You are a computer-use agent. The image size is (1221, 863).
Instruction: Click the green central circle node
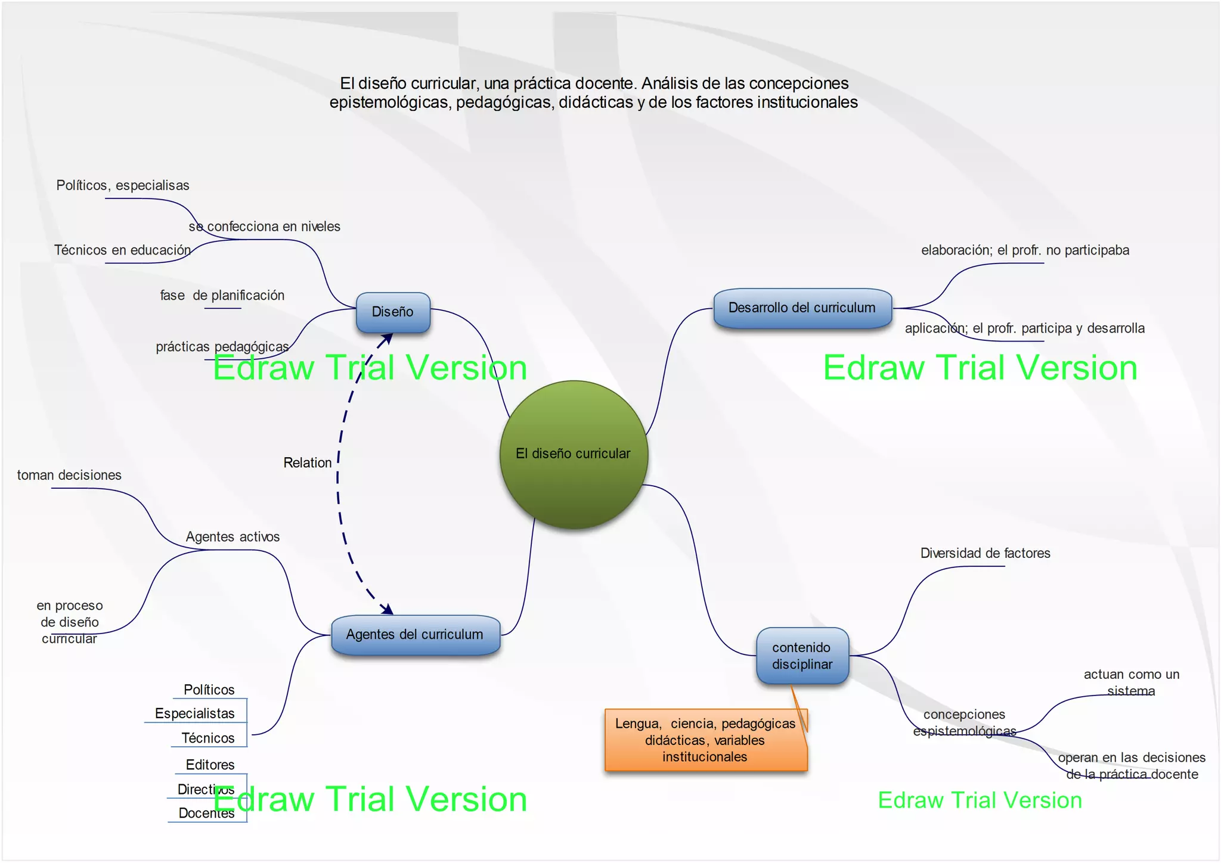tap(574, 454)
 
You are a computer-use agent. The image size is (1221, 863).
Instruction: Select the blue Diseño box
tap(393, 312)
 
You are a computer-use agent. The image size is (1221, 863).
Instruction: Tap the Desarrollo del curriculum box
tap(802, 308)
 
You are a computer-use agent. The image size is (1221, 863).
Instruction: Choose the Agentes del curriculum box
tap(415, 635)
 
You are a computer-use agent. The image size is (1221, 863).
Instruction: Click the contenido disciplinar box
tap(802, 656)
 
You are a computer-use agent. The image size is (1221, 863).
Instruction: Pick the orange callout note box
tap(705, 740)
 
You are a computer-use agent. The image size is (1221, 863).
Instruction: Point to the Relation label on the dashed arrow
tap(308, 463)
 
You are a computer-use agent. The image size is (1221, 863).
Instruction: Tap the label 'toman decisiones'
tap(69, 476)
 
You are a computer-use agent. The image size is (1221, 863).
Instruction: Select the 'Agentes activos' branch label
tap(233, 537)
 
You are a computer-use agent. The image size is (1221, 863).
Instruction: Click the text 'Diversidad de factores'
tap(985, 553)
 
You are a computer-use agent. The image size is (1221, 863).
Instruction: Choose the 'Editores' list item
tap(210, 765)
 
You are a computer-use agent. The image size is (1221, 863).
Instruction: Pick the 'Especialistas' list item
tap(195, 713)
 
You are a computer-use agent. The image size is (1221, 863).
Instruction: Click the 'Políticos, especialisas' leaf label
tap(123, 185)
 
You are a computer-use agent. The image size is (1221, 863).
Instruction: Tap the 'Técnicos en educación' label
tap(122, 250)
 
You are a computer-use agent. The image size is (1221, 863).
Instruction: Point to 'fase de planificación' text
tap(222, 296)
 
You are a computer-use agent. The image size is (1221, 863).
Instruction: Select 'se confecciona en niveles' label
tap(265, 226)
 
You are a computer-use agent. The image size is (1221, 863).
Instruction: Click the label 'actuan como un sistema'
tap(1131, 682)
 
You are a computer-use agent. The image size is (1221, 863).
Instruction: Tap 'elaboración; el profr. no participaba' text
tap(1025, 250)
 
